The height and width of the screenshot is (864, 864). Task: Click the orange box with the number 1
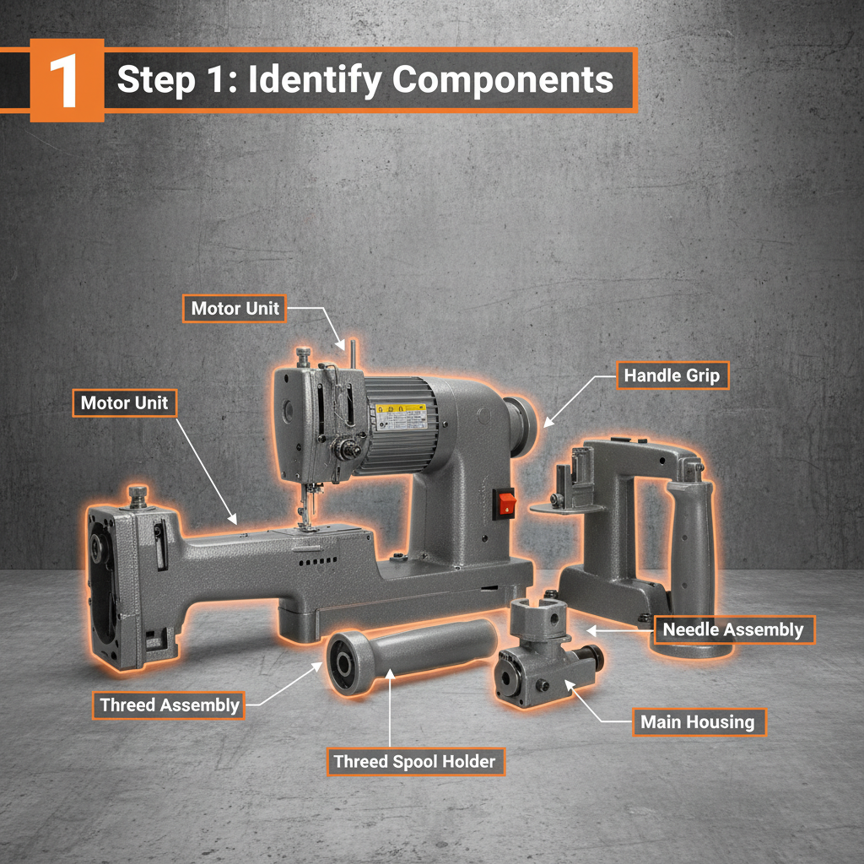coord(67,80)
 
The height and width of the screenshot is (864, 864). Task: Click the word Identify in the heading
coord(315,80)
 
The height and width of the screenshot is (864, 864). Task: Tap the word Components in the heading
coord(503,80)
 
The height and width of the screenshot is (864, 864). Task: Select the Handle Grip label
coord(672,375)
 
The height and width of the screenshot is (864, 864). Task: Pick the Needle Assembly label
coord(733,629)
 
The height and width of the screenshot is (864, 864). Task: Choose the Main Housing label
coord(698,722)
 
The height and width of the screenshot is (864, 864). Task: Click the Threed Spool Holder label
coord(415,762)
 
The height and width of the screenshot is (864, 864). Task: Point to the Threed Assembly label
coord(169,705)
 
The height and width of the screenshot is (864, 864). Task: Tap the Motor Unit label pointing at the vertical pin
coord(235,309)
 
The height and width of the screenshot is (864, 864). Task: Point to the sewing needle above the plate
coord(303,506)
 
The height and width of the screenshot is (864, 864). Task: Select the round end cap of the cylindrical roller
coord(345,663)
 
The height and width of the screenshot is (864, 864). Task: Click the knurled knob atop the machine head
coord(303,356)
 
